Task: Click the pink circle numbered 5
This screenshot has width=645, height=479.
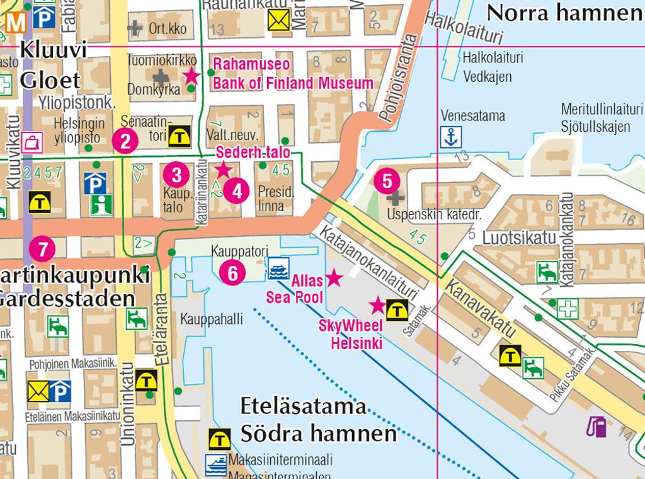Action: click(x=387, y=181)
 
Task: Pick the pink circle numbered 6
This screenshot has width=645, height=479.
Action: click(x=232, y=273)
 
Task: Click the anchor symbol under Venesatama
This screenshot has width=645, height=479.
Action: click(x=451, y=137)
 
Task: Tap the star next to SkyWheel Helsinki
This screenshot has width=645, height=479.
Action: click(x=377, y=306)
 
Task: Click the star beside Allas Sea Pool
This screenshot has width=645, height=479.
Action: click(x=333, y=277)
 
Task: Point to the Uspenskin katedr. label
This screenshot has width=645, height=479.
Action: click(x=435, y=214)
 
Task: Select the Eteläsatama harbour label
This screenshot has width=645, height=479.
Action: click(x=303, y=407)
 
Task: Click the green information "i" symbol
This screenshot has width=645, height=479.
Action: click(x=97, y=205)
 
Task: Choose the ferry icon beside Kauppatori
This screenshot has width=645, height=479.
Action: click(x=277, y=268)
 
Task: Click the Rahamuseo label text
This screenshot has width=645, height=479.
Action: click(x=251, y=64)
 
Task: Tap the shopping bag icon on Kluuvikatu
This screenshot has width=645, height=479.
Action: click(x=31, y=141)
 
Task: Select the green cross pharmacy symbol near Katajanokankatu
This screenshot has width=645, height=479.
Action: click(x=568, y=308)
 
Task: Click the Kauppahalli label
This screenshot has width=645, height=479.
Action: click(x=211, y=319)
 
